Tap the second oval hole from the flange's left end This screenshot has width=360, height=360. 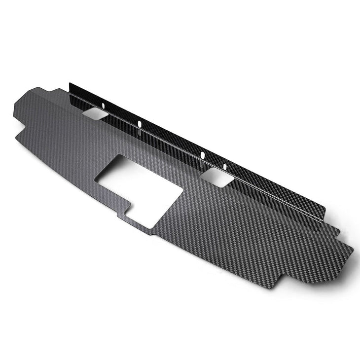[x=140, y=123]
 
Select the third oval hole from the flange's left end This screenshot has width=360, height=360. [x=202, y=155]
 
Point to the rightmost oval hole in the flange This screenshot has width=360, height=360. [x=225, y=167]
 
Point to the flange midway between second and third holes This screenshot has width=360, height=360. [x=171, y=140]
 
